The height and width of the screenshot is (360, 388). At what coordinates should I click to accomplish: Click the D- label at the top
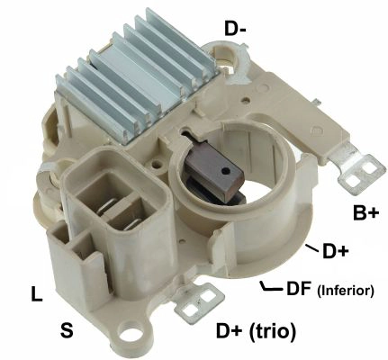236,29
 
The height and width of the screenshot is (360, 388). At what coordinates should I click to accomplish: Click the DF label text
298,289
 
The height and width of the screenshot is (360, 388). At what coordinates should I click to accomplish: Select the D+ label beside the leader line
335,252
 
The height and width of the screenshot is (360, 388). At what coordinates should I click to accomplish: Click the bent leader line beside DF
267,287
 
